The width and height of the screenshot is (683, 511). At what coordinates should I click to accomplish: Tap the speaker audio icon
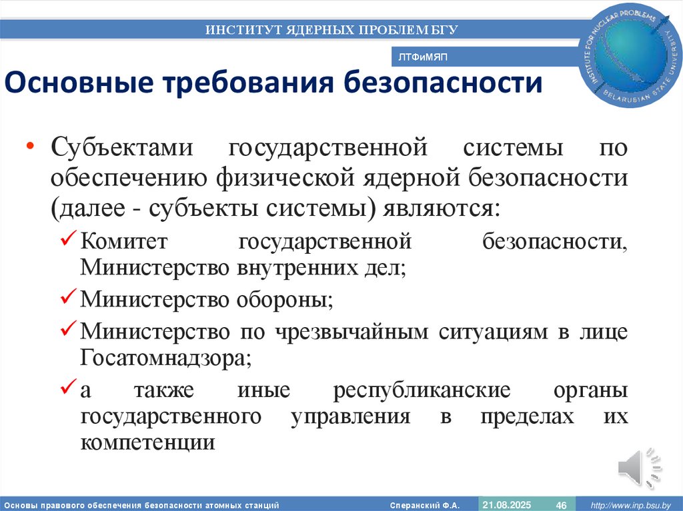click(x=638, y=469)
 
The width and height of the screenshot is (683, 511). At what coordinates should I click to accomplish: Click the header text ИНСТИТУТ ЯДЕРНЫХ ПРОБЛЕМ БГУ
click(x=331, y=29)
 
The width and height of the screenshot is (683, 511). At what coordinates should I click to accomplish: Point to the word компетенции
click(x=147, y=442)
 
